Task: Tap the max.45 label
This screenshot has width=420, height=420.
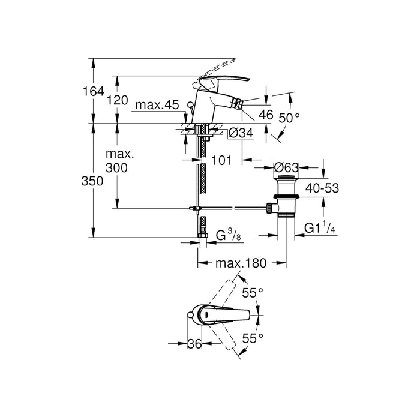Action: click(x=157, y=106)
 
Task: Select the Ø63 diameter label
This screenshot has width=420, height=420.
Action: click(x=287, y=167)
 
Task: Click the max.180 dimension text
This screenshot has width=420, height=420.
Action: click(x=241, y=263)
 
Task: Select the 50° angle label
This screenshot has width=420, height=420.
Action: click(x=289, y=118)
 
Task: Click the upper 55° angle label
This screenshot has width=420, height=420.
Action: click(x=253, y=293)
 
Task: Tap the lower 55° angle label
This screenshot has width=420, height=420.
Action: click(x=253, y=339)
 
